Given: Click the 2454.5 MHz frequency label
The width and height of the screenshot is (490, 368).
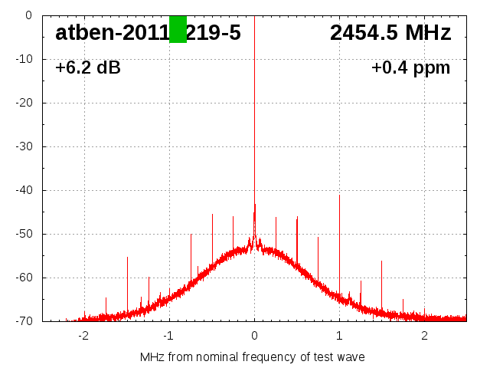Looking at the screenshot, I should pyautogui.click(x=390, y=33).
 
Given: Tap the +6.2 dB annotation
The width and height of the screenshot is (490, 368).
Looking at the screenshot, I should pyautogui.click(x=88, y=68).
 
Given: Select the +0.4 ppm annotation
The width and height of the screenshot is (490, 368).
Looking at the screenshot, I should pyautogui.click(x=410, y=68).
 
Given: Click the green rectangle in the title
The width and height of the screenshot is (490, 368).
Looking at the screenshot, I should pyautogui.click(x=178, y=29).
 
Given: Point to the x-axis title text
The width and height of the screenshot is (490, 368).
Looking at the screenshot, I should pyautogui.click(x=253, y=357).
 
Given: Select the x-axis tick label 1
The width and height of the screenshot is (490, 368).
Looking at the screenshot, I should pyautogui.click(x=339, y=336).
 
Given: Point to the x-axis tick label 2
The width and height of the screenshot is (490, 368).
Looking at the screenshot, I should pyautogui.click(x=424, y=336).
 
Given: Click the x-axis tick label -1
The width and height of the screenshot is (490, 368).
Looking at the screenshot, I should pyautogui.click(x=168, y=336).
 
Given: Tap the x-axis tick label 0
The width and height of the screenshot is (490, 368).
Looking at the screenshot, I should pyautogui.click(x=254, y=336).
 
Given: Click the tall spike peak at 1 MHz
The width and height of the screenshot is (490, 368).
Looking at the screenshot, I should pyautogui.click(x=339, y=195).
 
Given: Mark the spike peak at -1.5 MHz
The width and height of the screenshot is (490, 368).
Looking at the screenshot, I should pyautogui.click(x=127, y=258).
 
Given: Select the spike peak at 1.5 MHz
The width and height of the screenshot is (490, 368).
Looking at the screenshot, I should pyautogui.click(x=381, y=261).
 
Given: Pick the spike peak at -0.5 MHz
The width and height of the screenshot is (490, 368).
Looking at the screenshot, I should pyautogui.click(x=212, y=215).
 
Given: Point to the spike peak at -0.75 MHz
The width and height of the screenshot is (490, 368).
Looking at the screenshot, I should pyautogui.click(x=191, y=235).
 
